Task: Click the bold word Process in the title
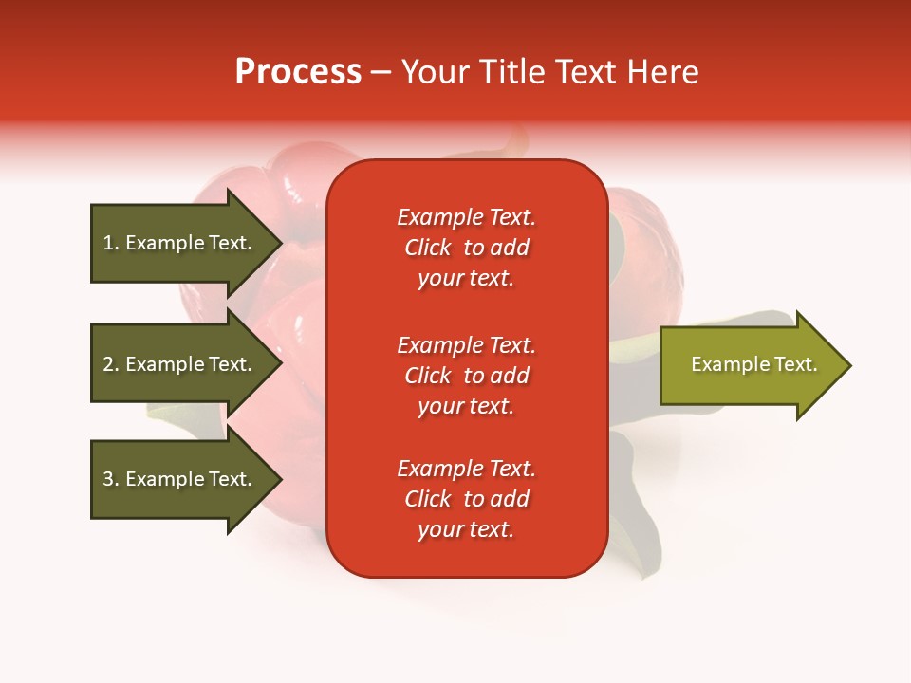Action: (298, 72)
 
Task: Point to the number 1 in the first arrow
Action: (108, 243)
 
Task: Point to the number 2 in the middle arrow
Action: (108, 364)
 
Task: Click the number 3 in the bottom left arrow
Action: (108, 479)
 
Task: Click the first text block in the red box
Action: (466, 248)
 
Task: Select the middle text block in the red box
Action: (466, 376)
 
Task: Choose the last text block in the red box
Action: (466, 499)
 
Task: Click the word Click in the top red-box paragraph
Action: (428, 248)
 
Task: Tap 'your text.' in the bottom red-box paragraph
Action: (466, 530)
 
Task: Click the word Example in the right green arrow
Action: (723, 364)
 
